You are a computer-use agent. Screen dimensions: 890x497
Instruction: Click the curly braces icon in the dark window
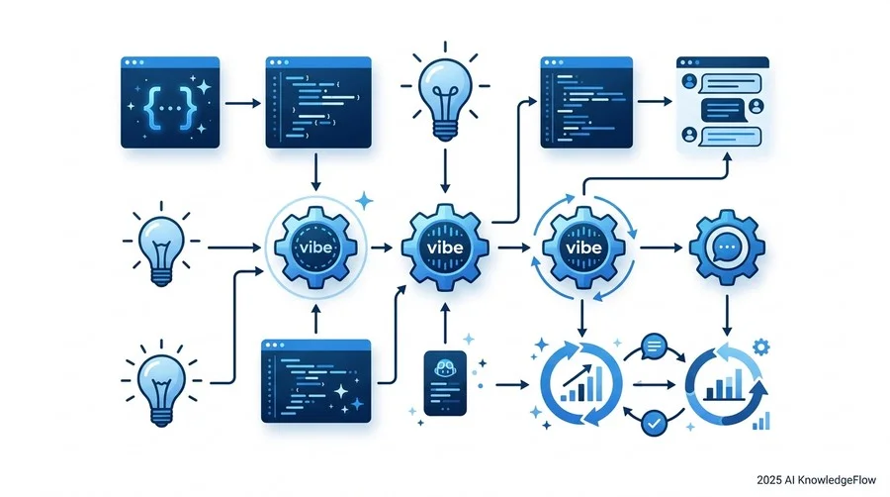170,107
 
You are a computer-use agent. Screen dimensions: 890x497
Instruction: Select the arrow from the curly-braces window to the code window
243,103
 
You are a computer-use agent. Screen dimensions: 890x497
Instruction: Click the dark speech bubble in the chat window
723,110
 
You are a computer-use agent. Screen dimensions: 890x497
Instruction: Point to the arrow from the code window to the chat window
655,102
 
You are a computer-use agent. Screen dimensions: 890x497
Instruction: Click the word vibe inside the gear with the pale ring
316,248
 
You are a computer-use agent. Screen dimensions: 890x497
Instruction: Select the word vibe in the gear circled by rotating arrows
584,248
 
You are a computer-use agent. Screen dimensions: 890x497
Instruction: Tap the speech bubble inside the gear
727,248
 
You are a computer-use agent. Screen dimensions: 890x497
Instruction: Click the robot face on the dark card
445,369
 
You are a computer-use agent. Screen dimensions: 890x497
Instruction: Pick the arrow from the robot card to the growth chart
512,385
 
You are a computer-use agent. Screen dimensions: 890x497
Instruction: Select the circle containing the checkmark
654,423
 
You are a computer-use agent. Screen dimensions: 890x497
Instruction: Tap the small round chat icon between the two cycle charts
654,346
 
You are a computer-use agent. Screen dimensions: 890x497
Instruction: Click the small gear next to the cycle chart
760,346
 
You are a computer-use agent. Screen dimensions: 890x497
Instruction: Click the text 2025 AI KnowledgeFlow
816,480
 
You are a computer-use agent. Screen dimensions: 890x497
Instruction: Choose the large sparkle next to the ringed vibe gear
364,201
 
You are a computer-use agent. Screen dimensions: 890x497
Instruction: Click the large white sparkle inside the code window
340,391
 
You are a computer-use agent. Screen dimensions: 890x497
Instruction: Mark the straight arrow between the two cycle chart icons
654,385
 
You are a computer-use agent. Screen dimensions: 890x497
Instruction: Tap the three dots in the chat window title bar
689,62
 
